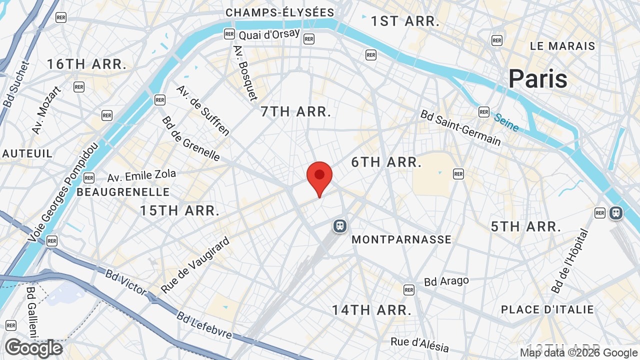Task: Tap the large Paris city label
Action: pos(538,79)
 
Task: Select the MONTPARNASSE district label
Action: pos(401,239)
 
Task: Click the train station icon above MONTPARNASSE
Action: pos(340,226)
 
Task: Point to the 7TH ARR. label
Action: pos(296,111)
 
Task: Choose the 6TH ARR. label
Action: pos(386,162)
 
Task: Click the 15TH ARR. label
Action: pos(179,210)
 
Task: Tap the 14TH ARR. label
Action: pos(371,310)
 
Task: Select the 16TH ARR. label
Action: pos(86,64)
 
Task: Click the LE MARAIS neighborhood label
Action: pos(562,46)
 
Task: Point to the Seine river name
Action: pos(506,122)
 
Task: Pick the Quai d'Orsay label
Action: pos(269,34)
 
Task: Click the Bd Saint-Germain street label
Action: pos(460,128)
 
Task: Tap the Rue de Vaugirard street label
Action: pos(195,265)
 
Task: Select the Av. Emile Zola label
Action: pos(141,176)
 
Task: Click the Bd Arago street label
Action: pos(446,281)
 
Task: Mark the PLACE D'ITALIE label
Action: pos(547,309)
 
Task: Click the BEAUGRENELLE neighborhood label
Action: pos(123,192)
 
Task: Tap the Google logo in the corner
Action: pos(33,348)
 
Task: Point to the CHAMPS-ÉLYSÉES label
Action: pos(279,12)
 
